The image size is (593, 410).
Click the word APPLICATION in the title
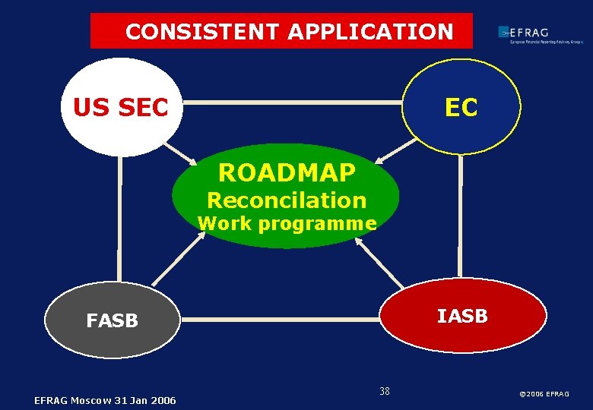click(x=370, y=32)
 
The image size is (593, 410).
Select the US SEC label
click(x=120, y=108)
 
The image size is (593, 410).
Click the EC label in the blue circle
click(x=461, y=108)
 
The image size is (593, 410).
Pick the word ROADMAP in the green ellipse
click(x=286, y=173)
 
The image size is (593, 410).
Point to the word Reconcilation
click(x=286, y=200)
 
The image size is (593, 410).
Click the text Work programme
click(x=287, y=223)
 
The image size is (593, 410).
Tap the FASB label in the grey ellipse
click(x=112, y=320)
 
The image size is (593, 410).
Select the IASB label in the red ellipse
click(x=462, y=316)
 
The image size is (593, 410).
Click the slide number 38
click(x=384, y=391)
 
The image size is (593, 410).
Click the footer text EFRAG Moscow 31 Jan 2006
click(x=105, y=400)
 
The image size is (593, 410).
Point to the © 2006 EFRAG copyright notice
click(x=544, y=393)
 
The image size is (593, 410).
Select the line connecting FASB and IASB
click(x=281, y=320)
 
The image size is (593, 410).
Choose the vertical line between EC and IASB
click(x=461, y=216)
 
